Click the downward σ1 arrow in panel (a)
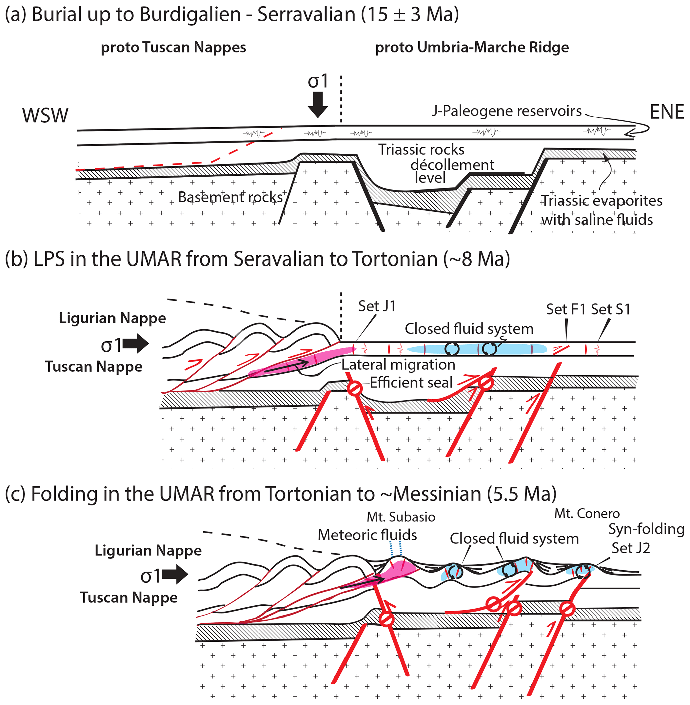[x=318, y=105]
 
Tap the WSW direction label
[x=45, y=115]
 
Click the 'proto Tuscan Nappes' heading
[x=173, y=47]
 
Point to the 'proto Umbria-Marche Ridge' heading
[x=471, y=47]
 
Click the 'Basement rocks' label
[x=230, y=197]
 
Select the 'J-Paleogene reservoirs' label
[x=506, y=111]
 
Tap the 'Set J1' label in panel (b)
[x=377, y=306]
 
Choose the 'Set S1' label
[x=611, y=309]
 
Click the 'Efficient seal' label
[x=411, y=382]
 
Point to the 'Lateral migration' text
[x=398, y=364]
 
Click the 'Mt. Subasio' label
[x=401, y=517]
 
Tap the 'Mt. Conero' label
[x=587, y=513]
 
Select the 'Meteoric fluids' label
[x=368, y=535]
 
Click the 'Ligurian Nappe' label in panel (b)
[x=112, y=318]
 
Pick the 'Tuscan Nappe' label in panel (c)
[x=129, y=597]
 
